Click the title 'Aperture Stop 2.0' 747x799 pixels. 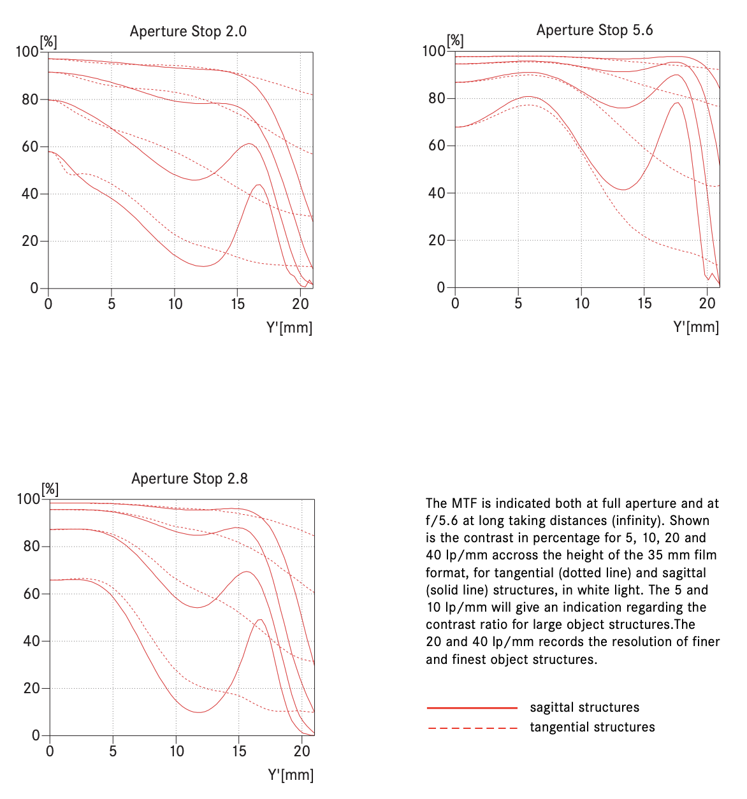pyautogui.click(x=188, y=31)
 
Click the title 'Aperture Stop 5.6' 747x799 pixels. pyautogui.click(x=595, y=30)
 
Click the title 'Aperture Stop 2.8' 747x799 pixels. pyautogui.click(x=189, y=479)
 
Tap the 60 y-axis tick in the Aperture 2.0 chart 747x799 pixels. pyautogui.click(x=30, y=147)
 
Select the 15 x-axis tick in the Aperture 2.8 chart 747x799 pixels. pyautogui.click(x=238, y=751)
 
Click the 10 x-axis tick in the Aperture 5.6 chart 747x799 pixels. pyautogui.click(x=581, y=303)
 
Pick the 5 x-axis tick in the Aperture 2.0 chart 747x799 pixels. pyautogui.click(x=112, y=304)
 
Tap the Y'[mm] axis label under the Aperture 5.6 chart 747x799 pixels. pyautogui.click(x=696, y=327)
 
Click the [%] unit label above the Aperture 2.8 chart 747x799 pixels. pyautogui.click(x=50, y=489)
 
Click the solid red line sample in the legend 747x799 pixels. pyautogui.click(x=472, y=708)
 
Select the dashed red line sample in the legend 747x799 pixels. pyautogui.click(x=472, y=728)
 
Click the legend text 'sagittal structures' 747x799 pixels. pyautogui.click(x=584, y=708)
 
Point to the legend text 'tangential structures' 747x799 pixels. pyautogui.click(x=592, y=728)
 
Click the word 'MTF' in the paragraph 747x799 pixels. pyautogui.click(x=465, y=503)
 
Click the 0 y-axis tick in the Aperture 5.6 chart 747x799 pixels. pyautogui.click(x=440, y=287)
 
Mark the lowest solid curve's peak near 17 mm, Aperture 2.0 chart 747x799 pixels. pyautogui.click(x=259, y=185)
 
